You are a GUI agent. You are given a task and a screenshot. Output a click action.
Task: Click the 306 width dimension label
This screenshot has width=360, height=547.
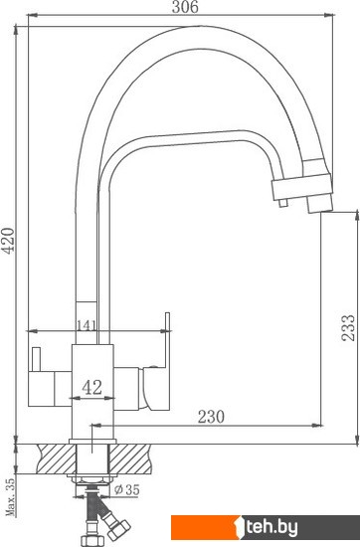pos(185,7)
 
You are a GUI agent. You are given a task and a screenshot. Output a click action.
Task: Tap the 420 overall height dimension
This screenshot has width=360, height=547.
pos(8,241)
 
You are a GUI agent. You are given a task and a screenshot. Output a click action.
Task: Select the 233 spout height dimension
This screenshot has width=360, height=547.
pos(348,327)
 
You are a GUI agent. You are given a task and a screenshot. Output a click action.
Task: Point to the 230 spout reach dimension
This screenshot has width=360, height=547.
pos(211,417)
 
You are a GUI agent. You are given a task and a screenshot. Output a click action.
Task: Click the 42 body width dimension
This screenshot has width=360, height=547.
pos(92,387)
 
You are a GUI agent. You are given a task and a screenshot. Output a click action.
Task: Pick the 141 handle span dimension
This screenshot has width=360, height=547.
pos(87,325)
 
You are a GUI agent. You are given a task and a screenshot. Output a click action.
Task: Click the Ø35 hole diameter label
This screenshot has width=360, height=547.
pos(127,489)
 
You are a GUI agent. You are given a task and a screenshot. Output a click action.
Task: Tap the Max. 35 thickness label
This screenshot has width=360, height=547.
pos(11,496)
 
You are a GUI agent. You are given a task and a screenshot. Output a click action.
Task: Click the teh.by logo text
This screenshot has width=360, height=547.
pos(271,527)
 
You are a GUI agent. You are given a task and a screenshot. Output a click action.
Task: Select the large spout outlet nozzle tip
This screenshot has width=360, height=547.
pos(319,203)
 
